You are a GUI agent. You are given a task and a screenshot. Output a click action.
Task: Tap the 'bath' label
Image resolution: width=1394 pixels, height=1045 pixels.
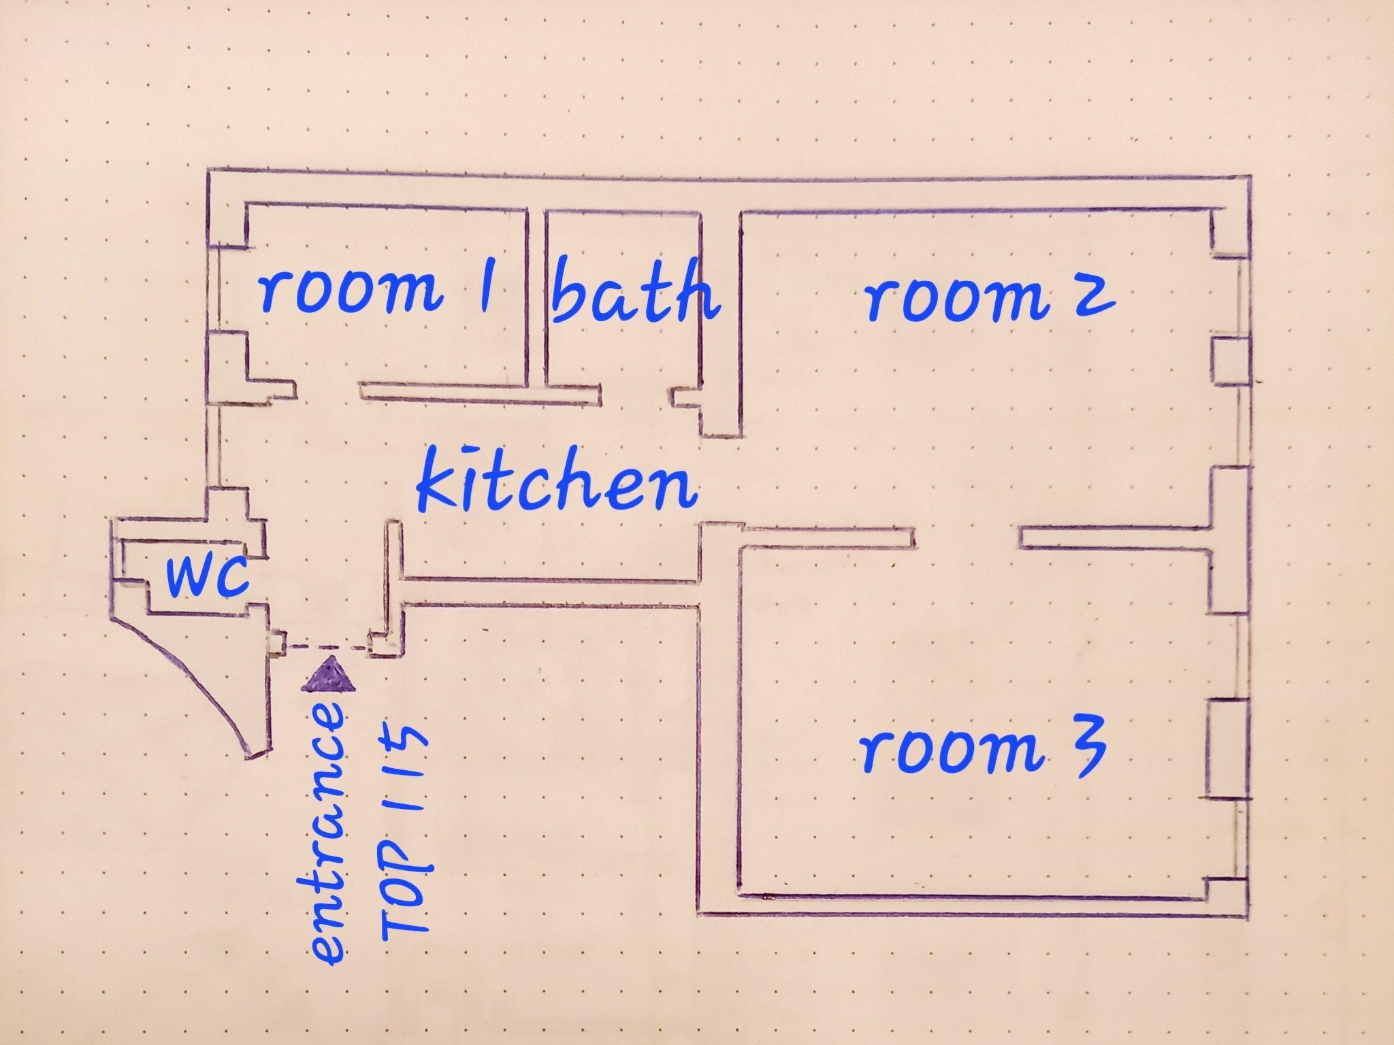[635, 291]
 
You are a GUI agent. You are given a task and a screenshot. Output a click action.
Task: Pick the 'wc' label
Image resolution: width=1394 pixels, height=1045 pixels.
[207, 576]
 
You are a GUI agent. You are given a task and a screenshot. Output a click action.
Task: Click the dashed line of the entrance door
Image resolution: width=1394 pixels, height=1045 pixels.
[329, 646]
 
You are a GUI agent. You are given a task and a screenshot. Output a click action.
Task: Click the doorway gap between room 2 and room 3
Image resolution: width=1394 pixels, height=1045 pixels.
[967, 537]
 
